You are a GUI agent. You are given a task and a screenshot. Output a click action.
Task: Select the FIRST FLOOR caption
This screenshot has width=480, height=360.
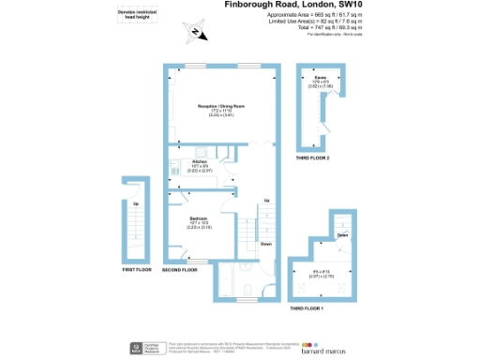point(137,269)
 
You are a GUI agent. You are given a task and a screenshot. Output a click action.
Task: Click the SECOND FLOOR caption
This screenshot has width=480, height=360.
point(178,270)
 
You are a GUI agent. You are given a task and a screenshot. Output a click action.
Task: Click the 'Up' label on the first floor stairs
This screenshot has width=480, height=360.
point(136,204)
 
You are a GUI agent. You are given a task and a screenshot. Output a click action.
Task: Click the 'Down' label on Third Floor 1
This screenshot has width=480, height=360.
point(343,235)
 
